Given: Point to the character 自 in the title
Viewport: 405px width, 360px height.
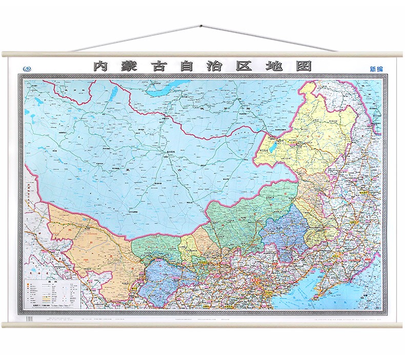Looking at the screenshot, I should pos(187,66).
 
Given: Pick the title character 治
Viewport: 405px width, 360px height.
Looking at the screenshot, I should pos(216,66).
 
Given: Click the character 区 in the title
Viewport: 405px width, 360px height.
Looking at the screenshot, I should pos(245,66).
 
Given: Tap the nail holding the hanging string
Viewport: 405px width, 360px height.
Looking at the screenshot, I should pos(202,25).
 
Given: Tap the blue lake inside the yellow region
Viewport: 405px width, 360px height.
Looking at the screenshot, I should pos(271,149).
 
